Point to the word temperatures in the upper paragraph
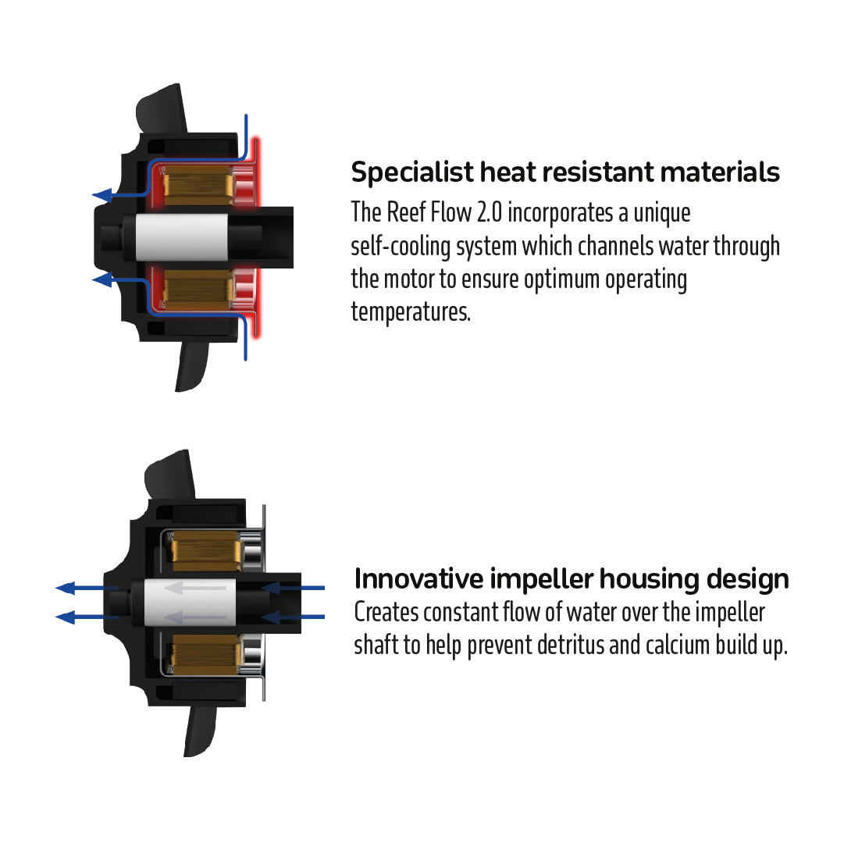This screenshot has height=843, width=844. tap(411, 312)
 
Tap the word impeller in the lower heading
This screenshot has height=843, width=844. tap(540, 579)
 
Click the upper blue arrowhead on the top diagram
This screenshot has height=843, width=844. tap(100, 196)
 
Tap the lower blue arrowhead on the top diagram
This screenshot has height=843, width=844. tap(100, 279)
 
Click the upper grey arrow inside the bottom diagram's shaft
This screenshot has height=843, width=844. tap(198, 588)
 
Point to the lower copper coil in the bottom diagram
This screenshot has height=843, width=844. tap(205, 654)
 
